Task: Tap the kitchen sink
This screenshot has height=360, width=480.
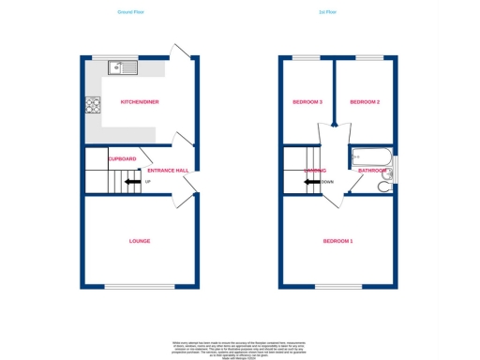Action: pyautogui.click(x=122, y=67)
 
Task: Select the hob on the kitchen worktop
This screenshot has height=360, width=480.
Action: pyautogui.click(x=93, y=106)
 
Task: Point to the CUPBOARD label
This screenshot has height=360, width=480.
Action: pyautogui.click(x=122, y=158)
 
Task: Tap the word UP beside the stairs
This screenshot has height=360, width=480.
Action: pyautogui.click(x=147, y=182)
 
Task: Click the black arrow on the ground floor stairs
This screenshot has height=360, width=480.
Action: pyautogui.click(x=134, y=182)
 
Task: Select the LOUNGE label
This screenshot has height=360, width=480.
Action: pyautogui.click(x=139, y=241)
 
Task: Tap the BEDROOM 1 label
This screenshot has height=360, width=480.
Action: pyautogui.click(x=337, y=242)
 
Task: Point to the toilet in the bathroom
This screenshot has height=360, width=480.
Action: pyautogui.click(x=384, y=187)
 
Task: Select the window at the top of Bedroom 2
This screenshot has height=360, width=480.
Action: pyautogui.click(x=367, y=57)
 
